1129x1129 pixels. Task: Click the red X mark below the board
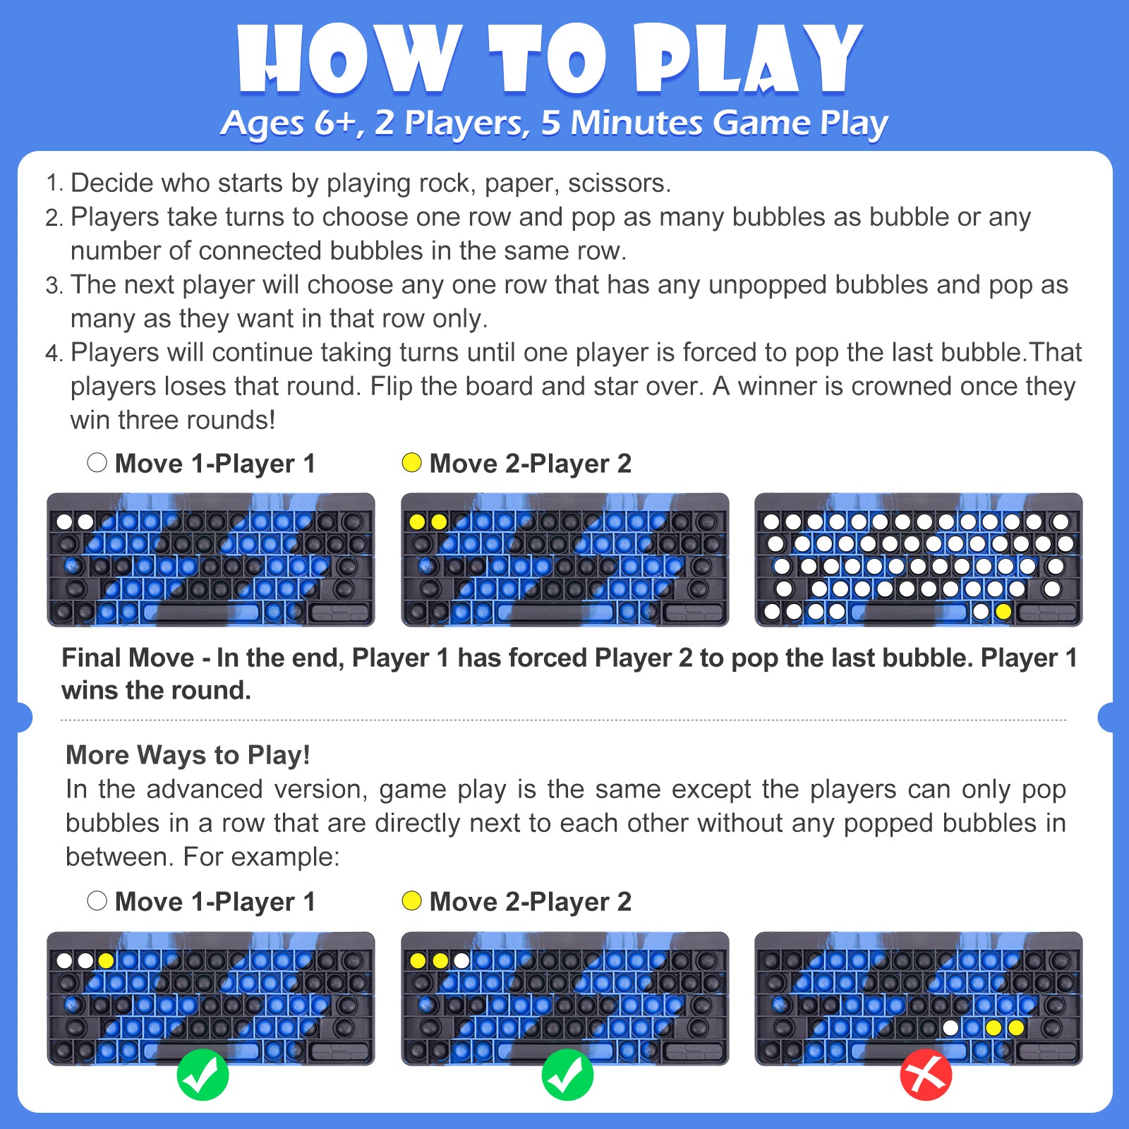coord(926,1075)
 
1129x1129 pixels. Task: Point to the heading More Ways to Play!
coord(188,755)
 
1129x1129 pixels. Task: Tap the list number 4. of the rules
coord(54,353)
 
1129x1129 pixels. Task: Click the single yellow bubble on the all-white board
coord(1003,612)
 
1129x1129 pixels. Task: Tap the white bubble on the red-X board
coord(950,1027)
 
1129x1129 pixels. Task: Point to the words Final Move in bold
coord(128,658)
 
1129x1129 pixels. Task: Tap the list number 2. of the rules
coord(54,217)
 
